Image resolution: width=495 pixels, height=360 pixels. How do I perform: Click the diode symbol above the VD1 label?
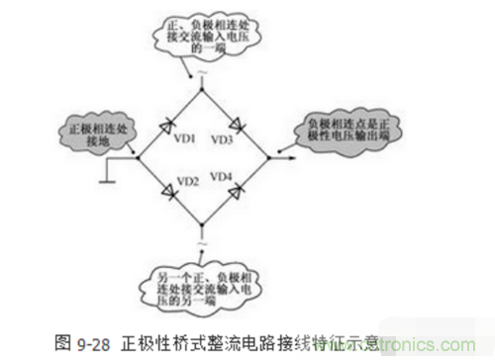[x=172, y=122]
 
